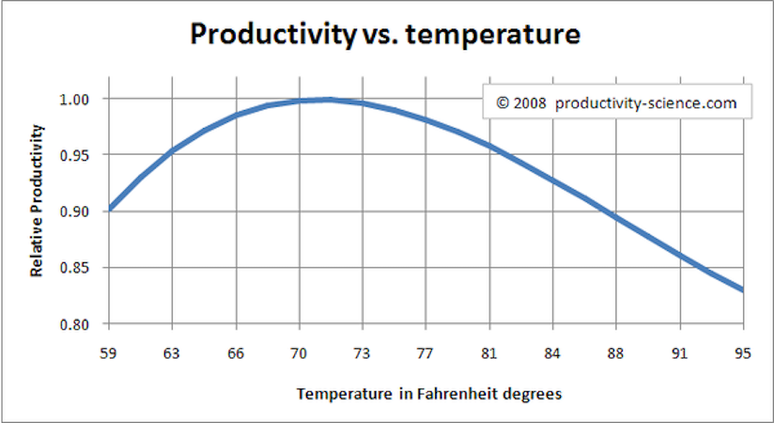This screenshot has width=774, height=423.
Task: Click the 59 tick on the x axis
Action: (109, 352)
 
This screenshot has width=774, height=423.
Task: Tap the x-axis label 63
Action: (173, 352)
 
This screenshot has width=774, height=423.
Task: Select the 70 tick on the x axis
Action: (299, 352)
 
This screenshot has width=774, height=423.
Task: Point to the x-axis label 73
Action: (363, 352)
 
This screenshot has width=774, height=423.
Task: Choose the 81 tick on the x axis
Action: (489, 352)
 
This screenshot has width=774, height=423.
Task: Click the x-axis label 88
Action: (617, 352)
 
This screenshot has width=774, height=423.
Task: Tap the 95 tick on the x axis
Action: (743, 352)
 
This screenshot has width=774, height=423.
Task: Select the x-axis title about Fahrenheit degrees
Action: (429, 394)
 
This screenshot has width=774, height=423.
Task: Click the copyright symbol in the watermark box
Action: (502, 103)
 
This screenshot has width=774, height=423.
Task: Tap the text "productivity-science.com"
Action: (646, 103)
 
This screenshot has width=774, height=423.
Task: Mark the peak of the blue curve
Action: (327, 100)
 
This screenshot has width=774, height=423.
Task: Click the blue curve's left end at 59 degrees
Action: (110, 209)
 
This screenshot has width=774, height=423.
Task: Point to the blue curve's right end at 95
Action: (742, 290)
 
